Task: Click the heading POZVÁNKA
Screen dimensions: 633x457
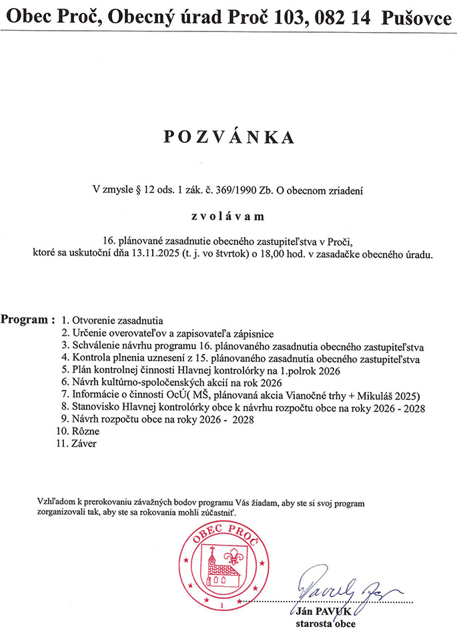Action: [x=228, y=137]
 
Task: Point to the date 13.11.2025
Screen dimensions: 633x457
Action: [x=155, y=254]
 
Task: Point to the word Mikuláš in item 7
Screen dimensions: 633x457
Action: [x=379, y=395]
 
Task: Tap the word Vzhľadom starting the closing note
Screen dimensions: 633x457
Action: [x=58, y=501]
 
